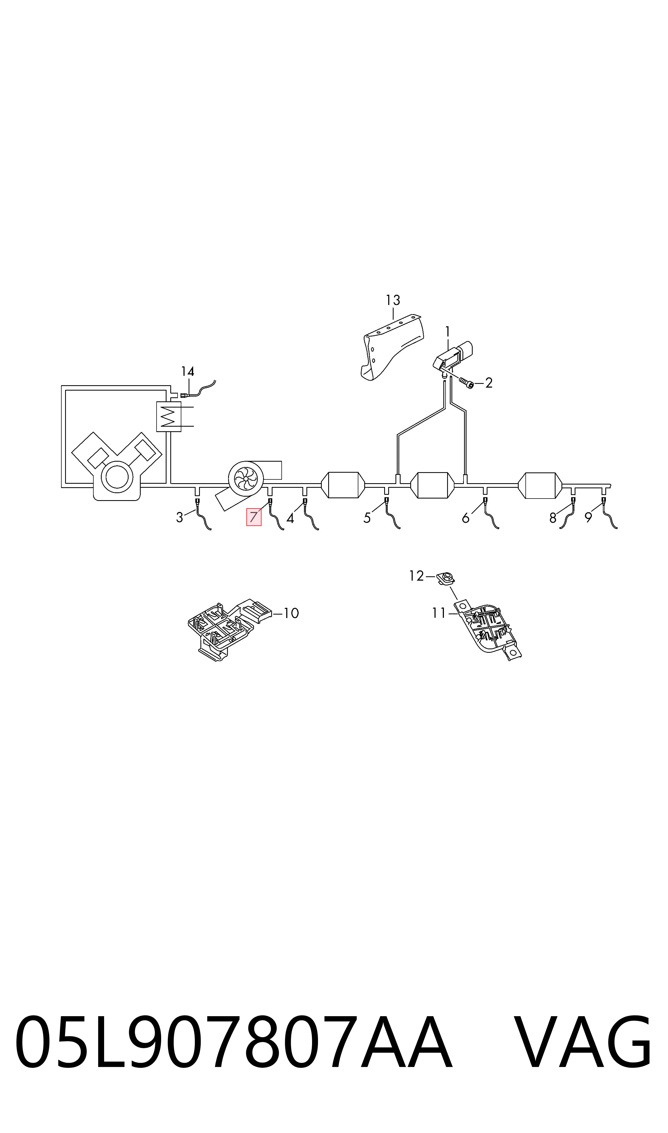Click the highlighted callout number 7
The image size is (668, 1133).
pos(253,517)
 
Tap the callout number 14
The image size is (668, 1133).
pos(188,371)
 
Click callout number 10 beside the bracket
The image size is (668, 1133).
pos(291,613)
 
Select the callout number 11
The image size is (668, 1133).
pos(439,613)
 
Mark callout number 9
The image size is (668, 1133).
pos(588,518)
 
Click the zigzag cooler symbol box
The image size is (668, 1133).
pos(168,416)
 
